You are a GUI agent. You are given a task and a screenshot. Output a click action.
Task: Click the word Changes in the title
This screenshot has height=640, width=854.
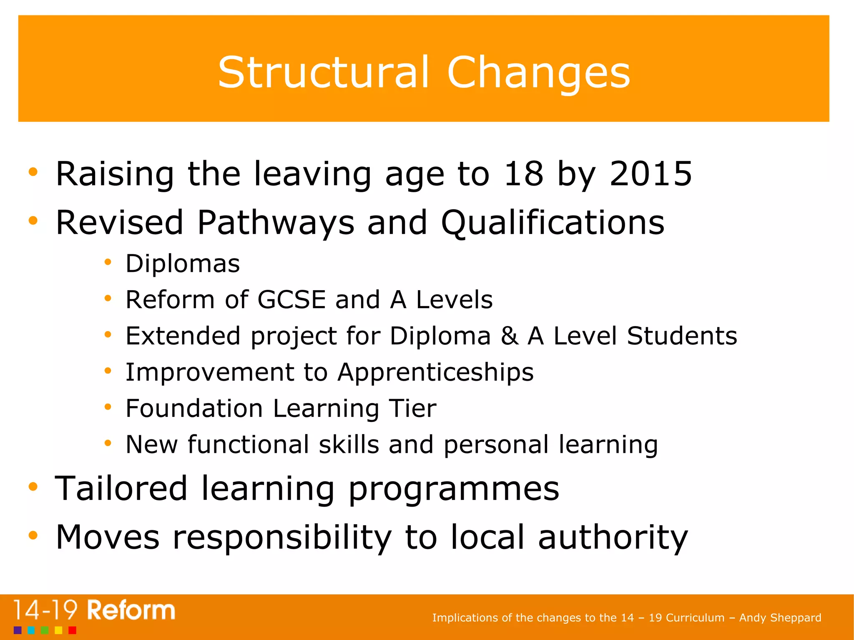(538, 73)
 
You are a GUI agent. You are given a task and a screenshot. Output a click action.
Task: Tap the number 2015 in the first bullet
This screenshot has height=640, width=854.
(651, 173)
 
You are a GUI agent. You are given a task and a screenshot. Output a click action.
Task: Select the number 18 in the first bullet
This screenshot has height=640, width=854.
(523, 173)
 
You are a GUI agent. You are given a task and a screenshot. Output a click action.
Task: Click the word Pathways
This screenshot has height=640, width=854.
(276, 223)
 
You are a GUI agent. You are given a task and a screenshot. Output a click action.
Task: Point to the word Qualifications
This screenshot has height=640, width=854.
(553, 223)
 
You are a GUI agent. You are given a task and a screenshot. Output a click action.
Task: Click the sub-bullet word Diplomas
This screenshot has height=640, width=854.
(183, 264)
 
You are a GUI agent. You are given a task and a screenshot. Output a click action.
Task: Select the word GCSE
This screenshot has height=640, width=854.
(291, 300)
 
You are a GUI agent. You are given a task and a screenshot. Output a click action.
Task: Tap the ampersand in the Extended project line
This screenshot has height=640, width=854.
(509, 336)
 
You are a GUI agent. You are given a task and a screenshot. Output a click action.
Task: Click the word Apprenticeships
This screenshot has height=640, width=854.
(435, 372)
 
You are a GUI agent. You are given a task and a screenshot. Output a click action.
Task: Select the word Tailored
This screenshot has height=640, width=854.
(121, 488)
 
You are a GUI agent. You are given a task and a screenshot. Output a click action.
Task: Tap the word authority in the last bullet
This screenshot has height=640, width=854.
(613, 537)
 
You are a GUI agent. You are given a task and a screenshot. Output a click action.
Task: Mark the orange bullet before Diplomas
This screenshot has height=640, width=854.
(108, 262)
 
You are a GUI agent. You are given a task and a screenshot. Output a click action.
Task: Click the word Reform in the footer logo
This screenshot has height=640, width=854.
(131, 611)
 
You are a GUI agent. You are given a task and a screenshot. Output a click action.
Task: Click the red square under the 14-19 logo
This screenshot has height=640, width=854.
(72, 630)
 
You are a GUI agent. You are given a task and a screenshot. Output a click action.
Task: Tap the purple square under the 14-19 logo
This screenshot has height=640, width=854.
(18, 630)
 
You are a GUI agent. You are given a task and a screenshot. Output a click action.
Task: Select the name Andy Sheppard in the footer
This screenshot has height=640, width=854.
(780, 617)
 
